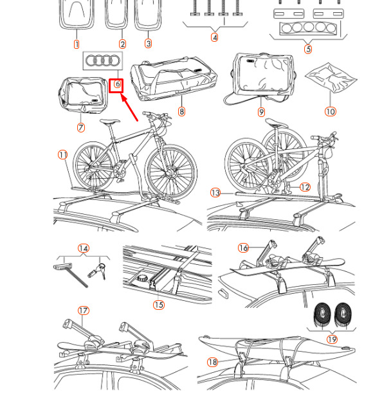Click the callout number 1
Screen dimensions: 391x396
(x=77, y=44)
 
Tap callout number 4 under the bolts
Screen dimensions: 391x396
(x=214, y=38)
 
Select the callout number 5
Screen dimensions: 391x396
(x=308, y=49)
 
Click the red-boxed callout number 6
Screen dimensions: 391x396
(x=117, y=84)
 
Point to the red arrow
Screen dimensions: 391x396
(x=129, y=107)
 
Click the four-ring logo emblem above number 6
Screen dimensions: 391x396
(x=102, y=60)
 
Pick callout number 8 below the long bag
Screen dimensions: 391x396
(x=181, y=111)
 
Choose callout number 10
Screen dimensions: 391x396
(x=331, y=111)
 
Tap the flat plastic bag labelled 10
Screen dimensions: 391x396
(x=331, y=78)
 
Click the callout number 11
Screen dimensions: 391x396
(x=63, y=154)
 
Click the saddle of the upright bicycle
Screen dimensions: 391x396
(x=109, y=122)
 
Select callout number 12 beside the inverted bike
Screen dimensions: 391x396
(x=305, y=187)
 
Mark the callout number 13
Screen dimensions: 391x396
(x=215, y=193)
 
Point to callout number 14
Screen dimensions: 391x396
(x=84, y=248)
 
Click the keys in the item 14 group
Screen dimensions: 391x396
(x=98, y=271)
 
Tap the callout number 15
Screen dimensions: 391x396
(x=159, y=305)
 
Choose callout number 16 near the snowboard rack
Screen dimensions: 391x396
(x=244, y=248)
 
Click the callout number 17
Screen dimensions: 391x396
(x=84, y=310)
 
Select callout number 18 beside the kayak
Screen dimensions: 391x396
(x=212, y=362)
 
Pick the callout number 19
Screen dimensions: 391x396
(x=332, y=339)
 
